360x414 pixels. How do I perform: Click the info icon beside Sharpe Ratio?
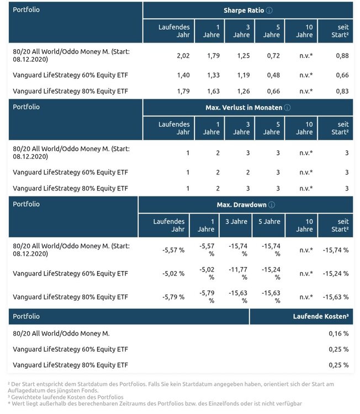269,10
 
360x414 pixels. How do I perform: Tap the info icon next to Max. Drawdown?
272,205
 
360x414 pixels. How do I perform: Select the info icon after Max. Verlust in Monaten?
287,108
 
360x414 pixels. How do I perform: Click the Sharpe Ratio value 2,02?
183,56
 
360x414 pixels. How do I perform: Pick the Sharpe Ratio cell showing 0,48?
273,75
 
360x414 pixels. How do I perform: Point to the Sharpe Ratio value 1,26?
243,91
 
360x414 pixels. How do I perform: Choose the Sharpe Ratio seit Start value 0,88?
342,56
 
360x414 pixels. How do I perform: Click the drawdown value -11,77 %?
238,273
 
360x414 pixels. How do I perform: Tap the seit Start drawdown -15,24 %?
336,274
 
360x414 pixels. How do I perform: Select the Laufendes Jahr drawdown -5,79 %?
173,297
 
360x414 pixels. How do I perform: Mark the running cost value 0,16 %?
338,333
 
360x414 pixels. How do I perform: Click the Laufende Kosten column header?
321,316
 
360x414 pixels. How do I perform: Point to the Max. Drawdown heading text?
241,205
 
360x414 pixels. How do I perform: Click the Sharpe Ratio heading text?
244,10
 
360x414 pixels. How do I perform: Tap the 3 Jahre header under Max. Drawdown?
236,221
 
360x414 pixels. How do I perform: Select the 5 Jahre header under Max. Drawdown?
269,221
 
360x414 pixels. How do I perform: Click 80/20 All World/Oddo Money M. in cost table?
61,333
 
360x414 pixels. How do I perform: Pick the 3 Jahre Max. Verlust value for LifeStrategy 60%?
248,172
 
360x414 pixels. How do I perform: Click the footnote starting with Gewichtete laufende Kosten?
66,397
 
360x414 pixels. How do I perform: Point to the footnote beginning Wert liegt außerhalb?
155,404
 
